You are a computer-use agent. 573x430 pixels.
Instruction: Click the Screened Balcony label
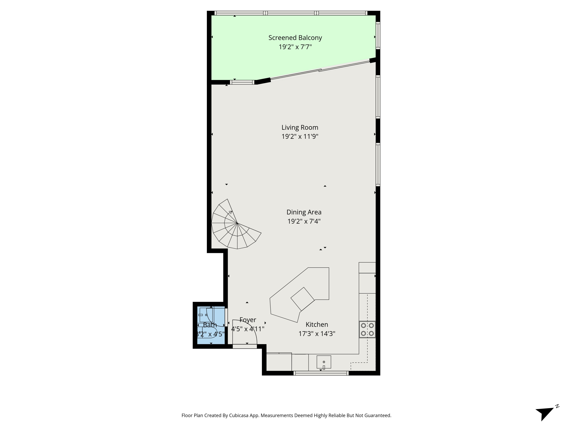pos(295,38)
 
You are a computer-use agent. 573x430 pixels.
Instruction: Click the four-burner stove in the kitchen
pos(367,329)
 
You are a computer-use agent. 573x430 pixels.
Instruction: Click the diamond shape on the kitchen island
pos(302,299)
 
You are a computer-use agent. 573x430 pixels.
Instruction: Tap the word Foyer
pos(248,320)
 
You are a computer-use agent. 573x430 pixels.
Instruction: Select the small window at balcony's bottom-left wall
pos(242,82)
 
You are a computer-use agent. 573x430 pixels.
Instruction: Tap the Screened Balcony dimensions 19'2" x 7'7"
pos(295,47)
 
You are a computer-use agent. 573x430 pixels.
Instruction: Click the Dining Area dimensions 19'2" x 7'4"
pos(304,221)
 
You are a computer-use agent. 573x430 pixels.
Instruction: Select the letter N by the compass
pos(557,406)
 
